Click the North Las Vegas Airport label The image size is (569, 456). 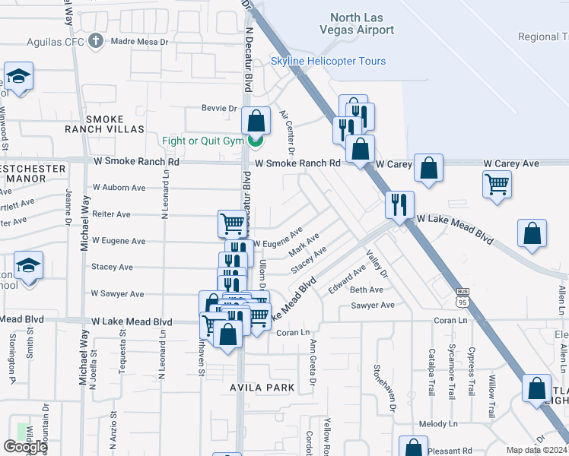pyautogui.click(x=363, y=24)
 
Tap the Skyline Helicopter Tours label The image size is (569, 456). pyautogui.click(x=329, y=61)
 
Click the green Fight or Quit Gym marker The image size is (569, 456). pyautogui.click(x=256, y=140)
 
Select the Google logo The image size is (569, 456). pyautogui.click(x=25, y=447)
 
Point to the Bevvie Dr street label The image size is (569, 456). pyautogui.click(x=219, y=109)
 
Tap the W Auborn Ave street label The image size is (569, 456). pyautogui.click(x=119, y=187)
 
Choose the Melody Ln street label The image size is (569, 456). pyautogui.click(x=437, y=424)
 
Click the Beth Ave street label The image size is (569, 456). pyautogui.click(x=366, y=290)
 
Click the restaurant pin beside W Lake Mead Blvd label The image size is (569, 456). pyautogui.click(x=399, y=204)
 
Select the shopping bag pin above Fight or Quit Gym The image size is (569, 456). pyautogui.click(x=256, y=121)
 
